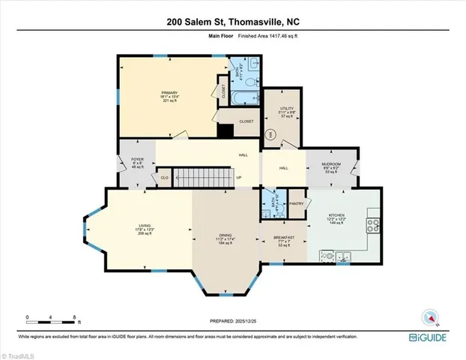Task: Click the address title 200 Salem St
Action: [232, 22]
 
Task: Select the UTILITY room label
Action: [279, 109]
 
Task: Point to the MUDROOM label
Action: [331, 166]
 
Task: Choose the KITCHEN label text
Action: [336, 217]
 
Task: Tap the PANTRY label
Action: [295, 203]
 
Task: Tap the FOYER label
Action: [137, 161]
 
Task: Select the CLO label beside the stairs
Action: [163, 178]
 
